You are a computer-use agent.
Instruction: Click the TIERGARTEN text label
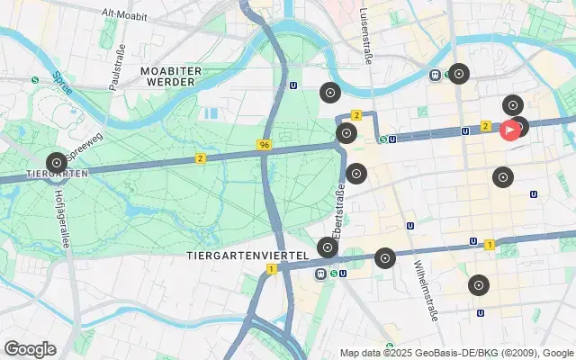click(x=55, y=173)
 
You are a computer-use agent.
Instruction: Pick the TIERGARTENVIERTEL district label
click(x=240, y=255)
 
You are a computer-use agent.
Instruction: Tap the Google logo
click(x=30, y=349)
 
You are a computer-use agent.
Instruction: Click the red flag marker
click(x=509, y=130)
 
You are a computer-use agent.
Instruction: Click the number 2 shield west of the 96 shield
click(x=199, y=158)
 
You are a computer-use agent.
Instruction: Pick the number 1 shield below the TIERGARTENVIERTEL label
click(x=270, y=268)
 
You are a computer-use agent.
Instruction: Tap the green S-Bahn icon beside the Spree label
click(x=35, y=79)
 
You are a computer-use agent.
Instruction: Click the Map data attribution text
click(x=456, y=353)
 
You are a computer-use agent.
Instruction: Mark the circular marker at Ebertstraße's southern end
click(x=328, y=247)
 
